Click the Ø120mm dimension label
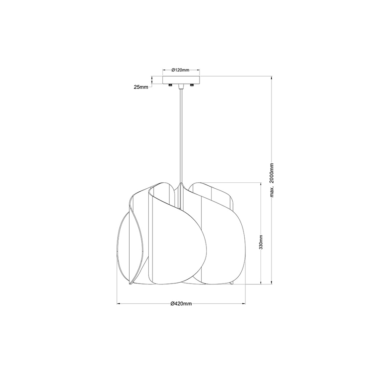[x=180, y=69]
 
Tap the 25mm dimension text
[x=141, y=87]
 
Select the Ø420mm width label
[x=181, y=304]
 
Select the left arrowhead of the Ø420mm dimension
[x=119, y=304]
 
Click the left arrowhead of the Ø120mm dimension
[x=164, y=69]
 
